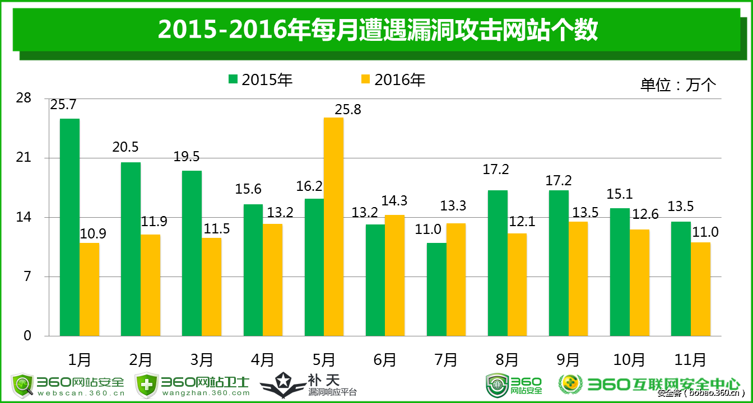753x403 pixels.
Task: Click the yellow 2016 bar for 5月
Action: [x=334, y=227]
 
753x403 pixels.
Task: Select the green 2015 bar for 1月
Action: [x=69, y=227]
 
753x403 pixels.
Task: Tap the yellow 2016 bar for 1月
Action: [x=89, y=289]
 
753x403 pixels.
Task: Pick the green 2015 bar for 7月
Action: [x=436, y=289]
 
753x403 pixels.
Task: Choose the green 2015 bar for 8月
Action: [x=498, y=263]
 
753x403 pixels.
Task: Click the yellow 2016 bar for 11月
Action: [x=700, y=289]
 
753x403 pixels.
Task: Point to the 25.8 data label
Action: [x=347, y=110]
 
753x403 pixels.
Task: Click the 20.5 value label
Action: [x=125, y=147]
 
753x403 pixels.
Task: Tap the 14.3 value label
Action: [x=394, y=200]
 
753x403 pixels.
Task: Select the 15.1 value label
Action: [x=619, y=194]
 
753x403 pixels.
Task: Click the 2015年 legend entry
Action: [x=261, y=80]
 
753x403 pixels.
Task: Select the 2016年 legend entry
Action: [x=393, y=80]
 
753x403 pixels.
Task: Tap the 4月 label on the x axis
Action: [x=263, y=359]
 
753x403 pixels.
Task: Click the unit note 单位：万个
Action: [x=678, y=85]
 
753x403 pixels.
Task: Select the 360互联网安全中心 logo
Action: [x=649, y=384]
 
